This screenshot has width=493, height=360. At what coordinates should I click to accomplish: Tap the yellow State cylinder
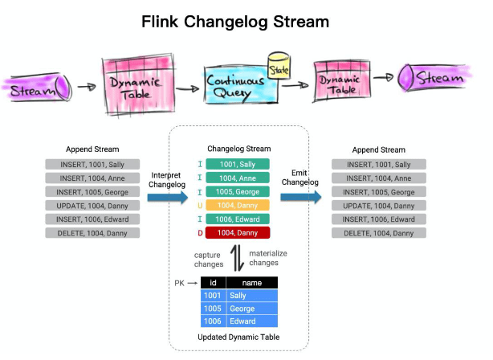click(x=279, y=64)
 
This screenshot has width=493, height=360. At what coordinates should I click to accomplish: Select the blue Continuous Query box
click(x=236, y=85)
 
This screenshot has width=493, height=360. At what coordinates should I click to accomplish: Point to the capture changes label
click(x=208, y=259)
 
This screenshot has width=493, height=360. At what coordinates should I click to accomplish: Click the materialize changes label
click(x=268, y=259)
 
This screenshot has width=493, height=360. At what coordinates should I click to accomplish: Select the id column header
click(x=213, y=283)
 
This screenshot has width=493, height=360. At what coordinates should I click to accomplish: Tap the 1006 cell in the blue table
click(x=213, y=321)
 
